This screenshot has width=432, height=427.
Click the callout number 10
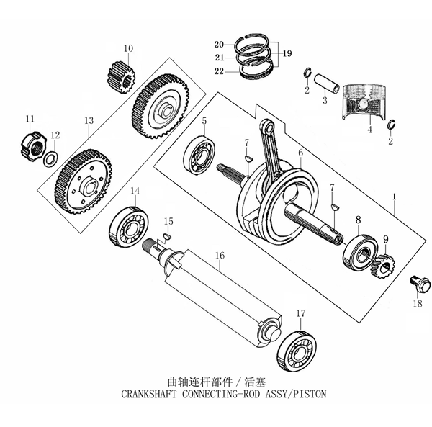tap(128, 49)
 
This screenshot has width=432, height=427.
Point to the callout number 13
tap(89, 122)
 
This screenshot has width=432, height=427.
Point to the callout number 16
tap(220, 256)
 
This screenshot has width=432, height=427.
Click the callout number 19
tap(287, 53)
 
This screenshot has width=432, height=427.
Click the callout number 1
tap(394, 197)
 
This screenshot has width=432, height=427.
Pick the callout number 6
tap(300, 152)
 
